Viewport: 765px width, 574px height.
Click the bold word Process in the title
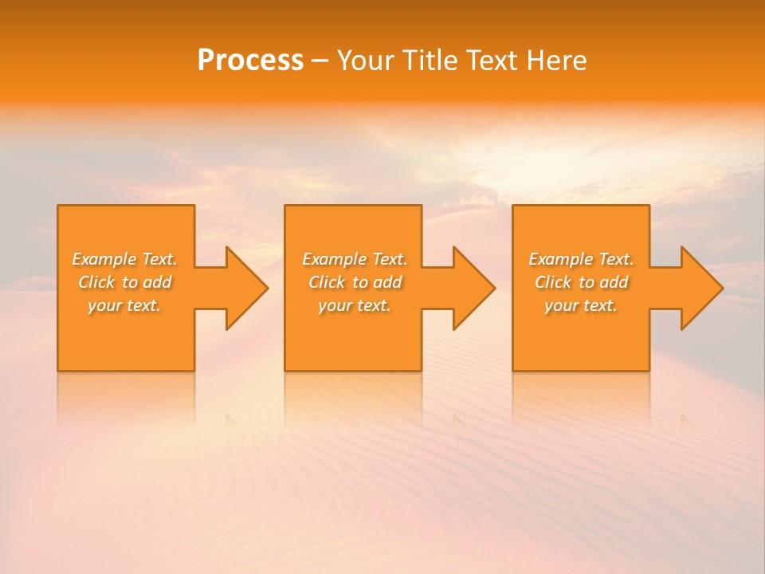[250, 61]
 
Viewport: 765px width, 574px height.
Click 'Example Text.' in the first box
[124, 259]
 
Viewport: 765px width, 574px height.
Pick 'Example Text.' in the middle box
[355, 259]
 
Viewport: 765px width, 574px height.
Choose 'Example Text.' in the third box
[581, 259]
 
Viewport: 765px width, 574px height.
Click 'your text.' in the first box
[124, 305]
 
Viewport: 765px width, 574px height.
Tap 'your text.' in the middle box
[355, 305]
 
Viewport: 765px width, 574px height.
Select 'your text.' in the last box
[581, 305]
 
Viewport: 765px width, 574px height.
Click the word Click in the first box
[96, 282]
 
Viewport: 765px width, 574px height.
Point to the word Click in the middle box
[327, 282]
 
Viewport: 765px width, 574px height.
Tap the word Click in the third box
[553, 282]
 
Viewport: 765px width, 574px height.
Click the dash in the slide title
[320, 61]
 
